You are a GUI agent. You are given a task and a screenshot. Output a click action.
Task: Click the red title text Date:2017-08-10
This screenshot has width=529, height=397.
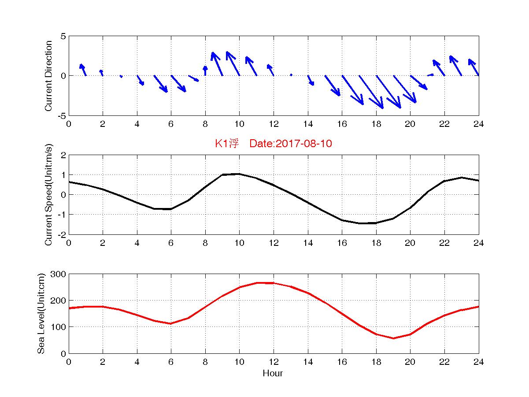point(290,144)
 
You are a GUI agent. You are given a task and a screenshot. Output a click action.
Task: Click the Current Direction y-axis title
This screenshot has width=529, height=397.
point(49,76)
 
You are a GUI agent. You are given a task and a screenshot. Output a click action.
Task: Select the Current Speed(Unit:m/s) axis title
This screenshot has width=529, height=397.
point(49,195)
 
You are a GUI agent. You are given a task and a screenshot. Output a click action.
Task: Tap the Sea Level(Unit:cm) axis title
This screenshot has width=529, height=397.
point(42,313)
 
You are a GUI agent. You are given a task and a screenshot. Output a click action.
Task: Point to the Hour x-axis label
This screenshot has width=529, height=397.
point(273,374)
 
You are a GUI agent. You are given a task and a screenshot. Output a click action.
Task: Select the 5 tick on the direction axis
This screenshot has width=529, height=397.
point(63,36)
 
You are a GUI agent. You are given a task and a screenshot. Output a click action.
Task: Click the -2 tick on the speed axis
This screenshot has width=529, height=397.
point(62,234)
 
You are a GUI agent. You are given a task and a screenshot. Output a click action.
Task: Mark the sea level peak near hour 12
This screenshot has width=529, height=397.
point(265,283)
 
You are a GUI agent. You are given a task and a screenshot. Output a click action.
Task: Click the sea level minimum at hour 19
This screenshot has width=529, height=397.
point(393,338)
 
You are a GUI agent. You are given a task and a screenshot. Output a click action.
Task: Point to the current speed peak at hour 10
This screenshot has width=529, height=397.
point(239,174)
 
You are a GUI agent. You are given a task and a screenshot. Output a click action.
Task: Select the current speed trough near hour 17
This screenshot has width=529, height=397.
point(359,223)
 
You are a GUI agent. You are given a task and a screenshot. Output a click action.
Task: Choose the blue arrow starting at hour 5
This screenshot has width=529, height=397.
point(161,84)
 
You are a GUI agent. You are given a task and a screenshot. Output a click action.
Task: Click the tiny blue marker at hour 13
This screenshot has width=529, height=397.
point(291,75)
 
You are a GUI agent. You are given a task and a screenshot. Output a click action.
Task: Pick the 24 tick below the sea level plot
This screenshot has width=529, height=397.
point(479,362)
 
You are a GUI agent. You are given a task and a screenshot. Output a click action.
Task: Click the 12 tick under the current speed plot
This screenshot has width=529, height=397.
point(274,243)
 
